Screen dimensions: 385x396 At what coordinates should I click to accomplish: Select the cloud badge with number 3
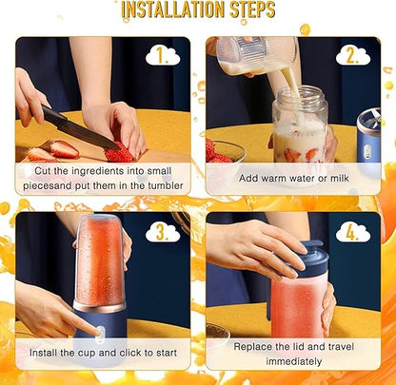164,231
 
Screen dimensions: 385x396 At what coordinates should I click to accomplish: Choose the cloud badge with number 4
353,231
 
